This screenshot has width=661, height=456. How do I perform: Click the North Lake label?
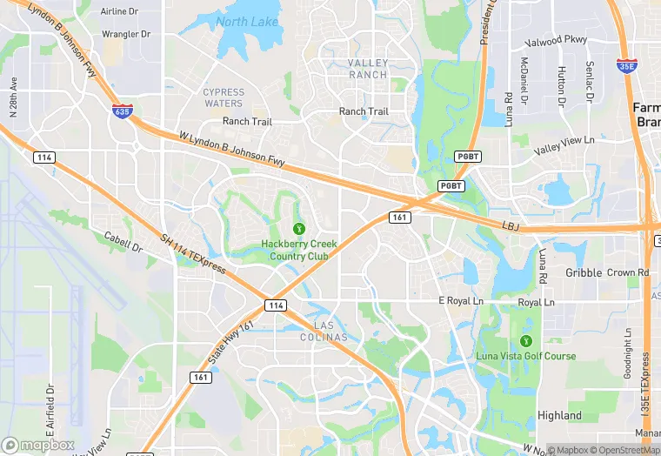[248, 22]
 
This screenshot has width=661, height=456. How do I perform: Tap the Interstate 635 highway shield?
[122, 111]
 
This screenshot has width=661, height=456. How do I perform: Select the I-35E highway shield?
[626, 65]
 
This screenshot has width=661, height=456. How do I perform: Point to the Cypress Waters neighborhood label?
[224, 97]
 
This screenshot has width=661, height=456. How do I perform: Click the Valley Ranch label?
[368, 69]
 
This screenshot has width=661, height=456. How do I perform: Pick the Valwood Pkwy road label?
[557, 41]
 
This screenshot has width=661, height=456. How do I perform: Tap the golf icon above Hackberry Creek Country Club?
[299, 228]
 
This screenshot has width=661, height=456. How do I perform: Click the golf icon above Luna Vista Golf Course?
[525, 339]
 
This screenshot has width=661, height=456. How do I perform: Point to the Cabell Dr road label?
[124, 242]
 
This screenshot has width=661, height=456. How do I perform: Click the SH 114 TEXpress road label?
[193, 253]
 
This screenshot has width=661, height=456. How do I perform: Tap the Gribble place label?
[584, 272]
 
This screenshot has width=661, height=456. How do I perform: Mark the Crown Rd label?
[628, 272]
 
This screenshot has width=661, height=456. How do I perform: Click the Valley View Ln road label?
[564, 144]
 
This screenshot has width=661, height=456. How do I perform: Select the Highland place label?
[559, 416]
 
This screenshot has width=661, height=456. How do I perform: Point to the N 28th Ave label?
[13, 96]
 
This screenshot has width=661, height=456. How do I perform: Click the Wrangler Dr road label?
[126, 34]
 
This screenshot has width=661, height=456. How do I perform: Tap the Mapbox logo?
[38, 445]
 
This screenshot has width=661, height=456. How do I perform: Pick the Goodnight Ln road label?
[628, 353]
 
